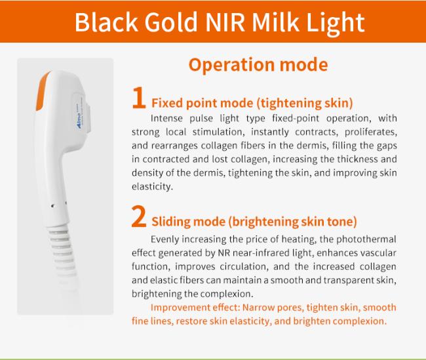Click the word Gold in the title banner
coord(170,22)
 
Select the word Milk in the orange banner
coord(275,22)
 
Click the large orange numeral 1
coord(138,98)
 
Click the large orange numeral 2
coord(139,216)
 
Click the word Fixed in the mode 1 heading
coord(167,103)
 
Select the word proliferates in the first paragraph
coord(371,132)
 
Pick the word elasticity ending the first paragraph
coord(152,186)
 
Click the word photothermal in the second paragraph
coord(366,239)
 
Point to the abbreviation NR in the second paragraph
coord(224,253)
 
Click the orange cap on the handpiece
coord(43,91)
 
